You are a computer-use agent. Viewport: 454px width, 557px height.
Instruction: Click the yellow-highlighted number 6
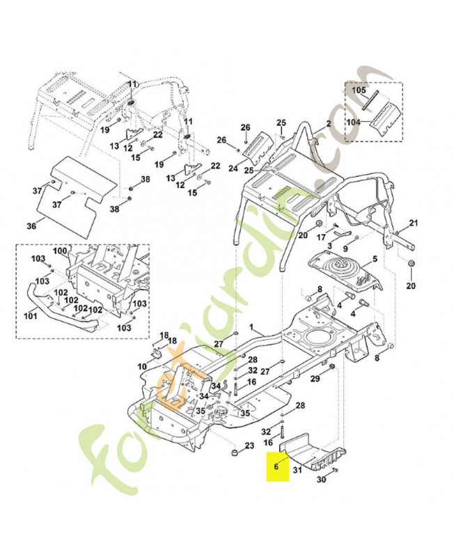tap(276, 467)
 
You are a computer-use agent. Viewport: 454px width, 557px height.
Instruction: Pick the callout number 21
tap(413, 223)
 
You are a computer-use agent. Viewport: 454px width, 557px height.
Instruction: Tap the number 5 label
tap(375, 259)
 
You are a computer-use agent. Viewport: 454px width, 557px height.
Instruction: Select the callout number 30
tap(320, 480)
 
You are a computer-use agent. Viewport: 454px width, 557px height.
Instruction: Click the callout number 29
tap(315, 378)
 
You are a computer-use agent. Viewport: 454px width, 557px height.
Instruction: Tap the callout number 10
tap(142, 366)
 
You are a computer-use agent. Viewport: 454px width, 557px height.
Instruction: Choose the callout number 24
tap(233, 168)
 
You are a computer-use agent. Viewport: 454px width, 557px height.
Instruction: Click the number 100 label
tap(60, 251)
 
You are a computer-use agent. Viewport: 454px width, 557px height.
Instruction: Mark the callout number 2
tap(329, 124)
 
